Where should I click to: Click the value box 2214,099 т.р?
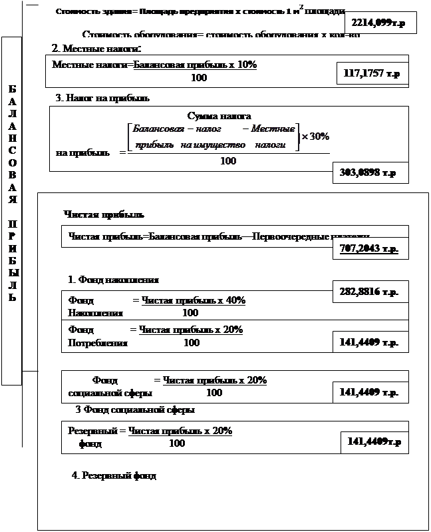380,23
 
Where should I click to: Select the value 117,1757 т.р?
372,74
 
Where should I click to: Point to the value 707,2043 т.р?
369,249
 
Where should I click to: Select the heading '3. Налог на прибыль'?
102,98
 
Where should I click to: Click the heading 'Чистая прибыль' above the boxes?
104,214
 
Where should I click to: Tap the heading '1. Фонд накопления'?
113,280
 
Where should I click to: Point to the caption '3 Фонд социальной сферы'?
135,409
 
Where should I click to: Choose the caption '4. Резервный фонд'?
114,476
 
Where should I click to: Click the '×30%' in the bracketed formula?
315,136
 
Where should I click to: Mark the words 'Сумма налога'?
219,116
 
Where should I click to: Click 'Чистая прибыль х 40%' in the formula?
194,300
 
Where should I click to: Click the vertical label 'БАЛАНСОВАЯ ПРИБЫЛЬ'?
13,193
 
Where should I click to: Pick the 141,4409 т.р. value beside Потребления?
369,343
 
